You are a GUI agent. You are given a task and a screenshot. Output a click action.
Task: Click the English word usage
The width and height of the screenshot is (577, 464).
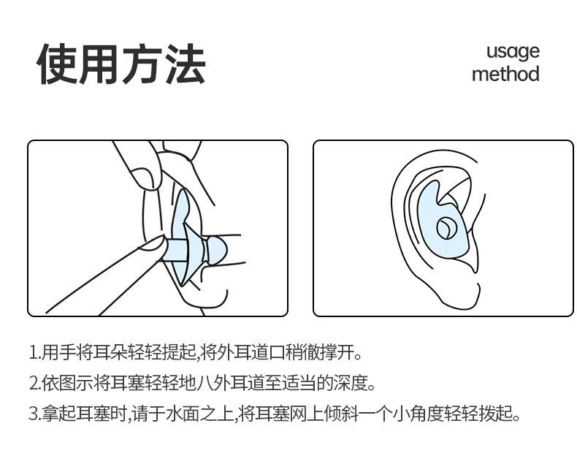pyautogui.click(x=513, y=52)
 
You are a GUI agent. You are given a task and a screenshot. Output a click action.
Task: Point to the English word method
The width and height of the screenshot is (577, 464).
pyautogui.click(x=505, y=74)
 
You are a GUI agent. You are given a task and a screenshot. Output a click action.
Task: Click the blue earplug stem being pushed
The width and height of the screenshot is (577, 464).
pyautogui.click(x=176, y=250)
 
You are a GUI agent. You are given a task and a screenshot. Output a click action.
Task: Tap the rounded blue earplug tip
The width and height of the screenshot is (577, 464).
pyautogui.click(x=217, y=250)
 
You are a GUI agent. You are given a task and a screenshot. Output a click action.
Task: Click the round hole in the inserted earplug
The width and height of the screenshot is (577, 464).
pyautogui.click(x=446, y=227)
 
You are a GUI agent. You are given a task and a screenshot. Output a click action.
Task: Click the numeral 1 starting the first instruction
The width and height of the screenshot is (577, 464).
pyautogui.click(x=33, y=352)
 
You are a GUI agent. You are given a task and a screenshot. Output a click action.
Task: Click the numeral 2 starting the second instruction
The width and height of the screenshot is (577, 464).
pyautogui.click(x=34, y=383)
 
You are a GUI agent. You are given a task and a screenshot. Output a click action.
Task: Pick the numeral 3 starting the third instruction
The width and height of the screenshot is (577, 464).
pyautogui.click(x=34, y=414)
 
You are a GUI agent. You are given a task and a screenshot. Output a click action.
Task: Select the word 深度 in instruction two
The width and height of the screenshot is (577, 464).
pyautogui.click(x=350, y=383)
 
